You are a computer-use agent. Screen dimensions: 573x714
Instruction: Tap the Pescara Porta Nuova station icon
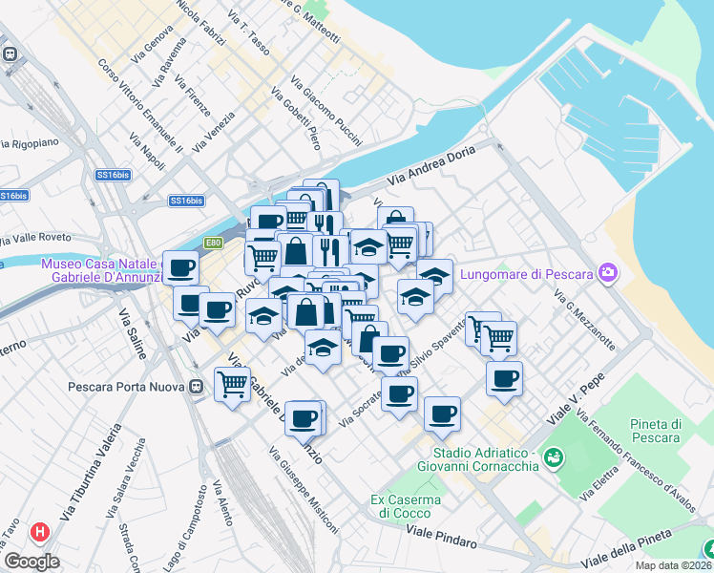point(196,387)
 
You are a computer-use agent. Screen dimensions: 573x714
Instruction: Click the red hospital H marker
point(39,532)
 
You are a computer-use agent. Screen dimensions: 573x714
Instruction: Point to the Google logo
point(31,561)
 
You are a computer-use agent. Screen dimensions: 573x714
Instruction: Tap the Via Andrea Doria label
point(430,170)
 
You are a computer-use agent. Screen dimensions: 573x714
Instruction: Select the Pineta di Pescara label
point(655,431)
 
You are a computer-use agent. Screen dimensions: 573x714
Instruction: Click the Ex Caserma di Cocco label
point(406,506)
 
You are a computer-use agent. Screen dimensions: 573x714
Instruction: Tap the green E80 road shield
point(214,243)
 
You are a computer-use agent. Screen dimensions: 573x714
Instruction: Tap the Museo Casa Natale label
point(101,270)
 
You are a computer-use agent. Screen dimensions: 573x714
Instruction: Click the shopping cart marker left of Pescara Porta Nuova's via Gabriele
point(233,384)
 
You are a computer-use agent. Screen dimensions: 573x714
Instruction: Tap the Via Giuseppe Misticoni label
point(303,489)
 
